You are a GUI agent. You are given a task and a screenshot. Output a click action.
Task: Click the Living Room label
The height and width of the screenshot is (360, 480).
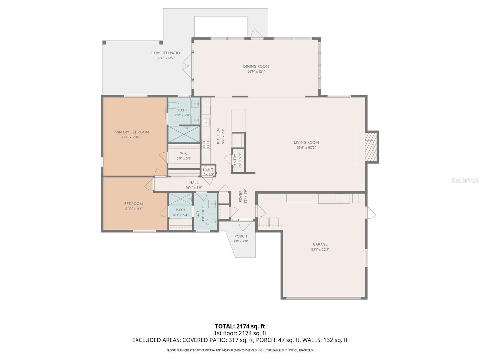point(306,142)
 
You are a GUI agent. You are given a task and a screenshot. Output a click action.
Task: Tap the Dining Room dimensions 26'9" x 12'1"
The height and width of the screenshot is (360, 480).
point(256,72)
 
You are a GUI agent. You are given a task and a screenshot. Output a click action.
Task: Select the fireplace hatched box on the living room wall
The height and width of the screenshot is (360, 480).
point(371,147)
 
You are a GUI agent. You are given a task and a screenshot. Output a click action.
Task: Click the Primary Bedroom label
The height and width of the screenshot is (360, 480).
point(131,132)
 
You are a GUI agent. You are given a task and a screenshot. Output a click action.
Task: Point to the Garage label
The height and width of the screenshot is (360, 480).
point(320,244)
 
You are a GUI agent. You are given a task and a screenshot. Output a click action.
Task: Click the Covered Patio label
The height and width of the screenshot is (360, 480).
point(166,53)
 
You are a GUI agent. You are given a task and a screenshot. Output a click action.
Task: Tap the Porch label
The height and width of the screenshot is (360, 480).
point(241,236)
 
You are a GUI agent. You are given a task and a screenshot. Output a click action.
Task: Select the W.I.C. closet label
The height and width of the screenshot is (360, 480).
point(184,153)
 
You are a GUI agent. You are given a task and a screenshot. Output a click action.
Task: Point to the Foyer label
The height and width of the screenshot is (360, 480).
point(241,196)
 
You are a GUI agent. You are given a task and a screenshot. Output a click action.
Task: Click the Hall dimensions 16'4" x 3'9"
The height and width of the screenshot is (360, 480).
point(194,188)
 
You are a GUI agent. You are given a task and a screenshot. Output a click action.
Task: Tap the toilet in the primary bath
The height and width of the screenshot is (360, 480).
point(173,105)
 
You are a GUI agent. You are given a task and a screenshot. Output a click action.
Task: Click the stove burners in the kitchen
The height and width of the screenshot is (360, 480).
point(206,144)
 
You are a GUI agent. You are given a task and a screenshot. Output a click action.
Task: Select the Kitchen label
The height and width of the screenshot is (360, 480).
point(218,136)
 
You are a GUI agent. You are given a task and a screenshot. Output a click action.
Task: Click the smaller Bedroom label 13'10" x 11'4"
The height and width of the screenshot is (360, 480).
point(133,204)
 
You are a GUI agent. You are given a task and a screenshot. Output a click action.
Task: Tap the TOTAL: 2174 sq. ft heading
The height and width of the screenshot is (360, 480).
point(240,326)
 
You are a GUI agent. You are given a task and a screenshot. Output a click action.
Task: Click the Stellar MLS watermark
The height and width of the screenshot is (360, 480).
point(465,180)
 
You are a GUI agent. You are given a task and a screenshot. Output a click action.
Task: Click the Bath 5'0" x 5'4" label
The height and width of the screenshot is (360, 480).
point(181,210)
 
